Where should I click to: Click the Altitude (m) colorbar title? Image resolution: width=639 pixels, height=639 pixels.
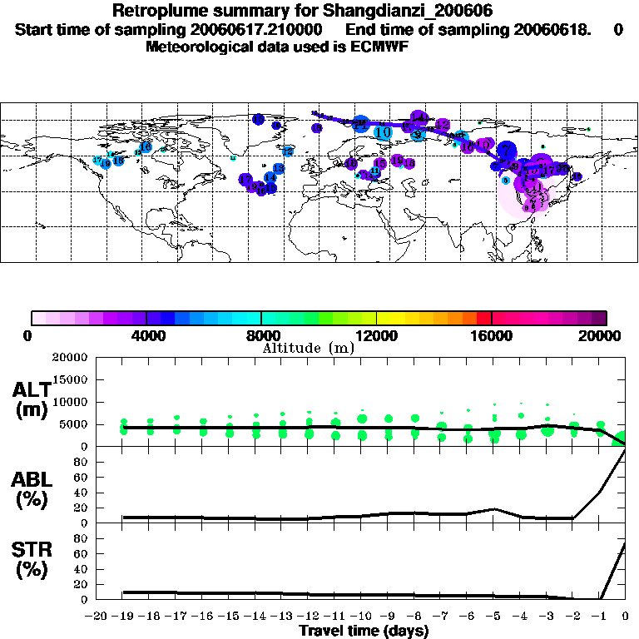(307, 348)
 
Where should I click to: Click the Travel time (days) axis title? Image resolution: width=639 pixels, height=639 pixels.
(364, 632)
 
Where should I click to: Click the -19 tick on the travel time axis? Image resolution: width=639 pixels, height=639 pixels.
(124, 617)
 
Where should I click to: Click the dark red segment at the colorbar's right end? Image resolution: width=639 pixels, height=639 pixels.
(599, 317)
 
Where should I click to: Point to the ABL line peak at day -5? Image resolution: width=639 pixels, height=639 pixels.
(494, 508)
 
